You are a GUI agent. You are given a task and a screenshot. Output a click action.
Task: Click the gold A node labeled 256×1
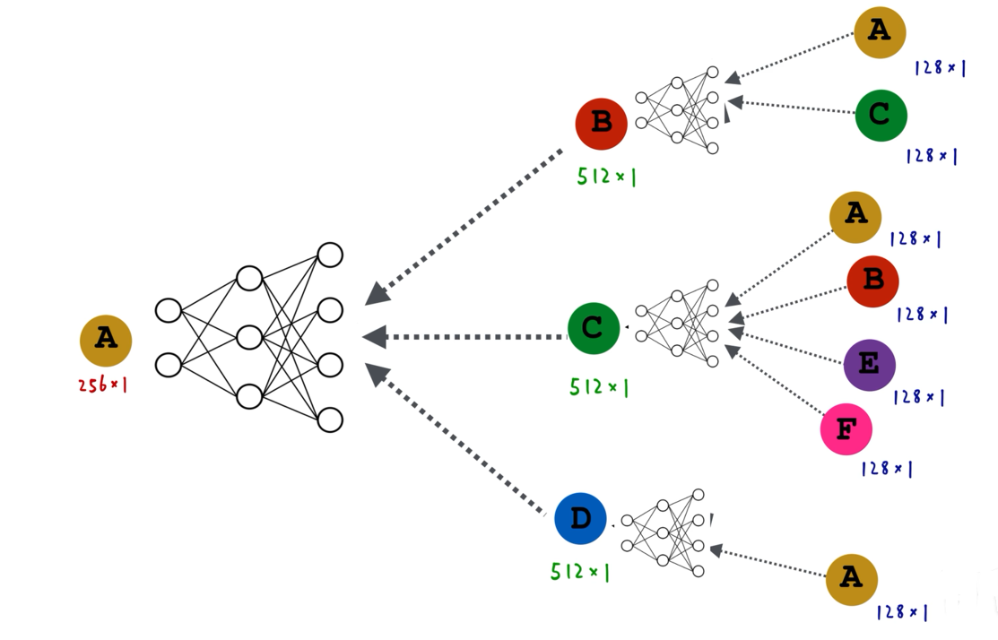click(x=106, y=341)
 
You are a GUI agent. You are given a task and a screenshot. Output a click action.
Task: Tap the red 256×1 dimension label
click(x=103, y=385)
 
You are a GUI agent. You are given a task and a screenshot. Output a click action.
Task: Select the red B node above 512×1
click(x=601, y=124)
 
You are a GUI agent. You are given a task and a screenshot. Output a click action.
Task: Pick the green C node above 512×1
click(x=594, y=328)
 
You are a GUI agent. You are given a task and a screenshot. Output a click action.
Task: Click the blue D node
click(x=580, y=518)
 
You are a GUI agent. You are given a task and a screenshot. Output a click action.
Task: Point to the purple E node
click(x=870, y=365)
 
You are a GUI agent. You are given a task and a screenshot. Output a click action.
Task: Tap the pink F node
click(x=846, y=429)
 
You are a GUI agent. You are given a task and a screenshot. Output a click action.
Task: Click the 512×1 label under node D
click(x=580, y=571)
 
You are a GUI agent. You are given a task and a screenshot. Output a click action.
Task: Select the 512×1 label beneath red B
click(x=606, y=177)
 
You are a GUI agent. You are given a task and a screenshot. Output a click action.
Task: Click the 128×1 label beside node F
click(x=887, y=469)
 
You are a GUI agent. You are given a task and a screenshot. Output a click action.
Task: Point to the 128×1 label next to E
click(x=918, y=397)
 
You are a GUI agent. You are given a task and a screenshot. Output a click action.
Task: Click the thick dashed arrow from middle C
click(x=464, y=336)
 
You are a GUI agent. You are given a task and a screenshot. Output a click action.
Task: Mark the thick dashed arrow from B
click(x=464, y=227)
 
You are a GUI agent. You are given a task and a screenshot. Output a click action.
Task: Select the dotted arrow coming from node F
click(x=777, y=380)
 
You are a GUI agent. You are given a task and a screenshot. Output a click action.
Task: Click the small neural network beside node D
click(x=663, y=532)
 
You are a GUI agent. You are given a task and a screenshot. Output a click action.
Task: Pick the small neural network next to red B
click(x=677, y=110)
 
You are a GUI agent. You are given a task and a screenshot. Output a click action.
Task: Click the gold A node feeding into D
click(x=852, y=579)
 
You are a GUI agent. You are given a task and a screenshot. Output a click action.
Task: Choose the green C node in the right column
click(x=881, y=115)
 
